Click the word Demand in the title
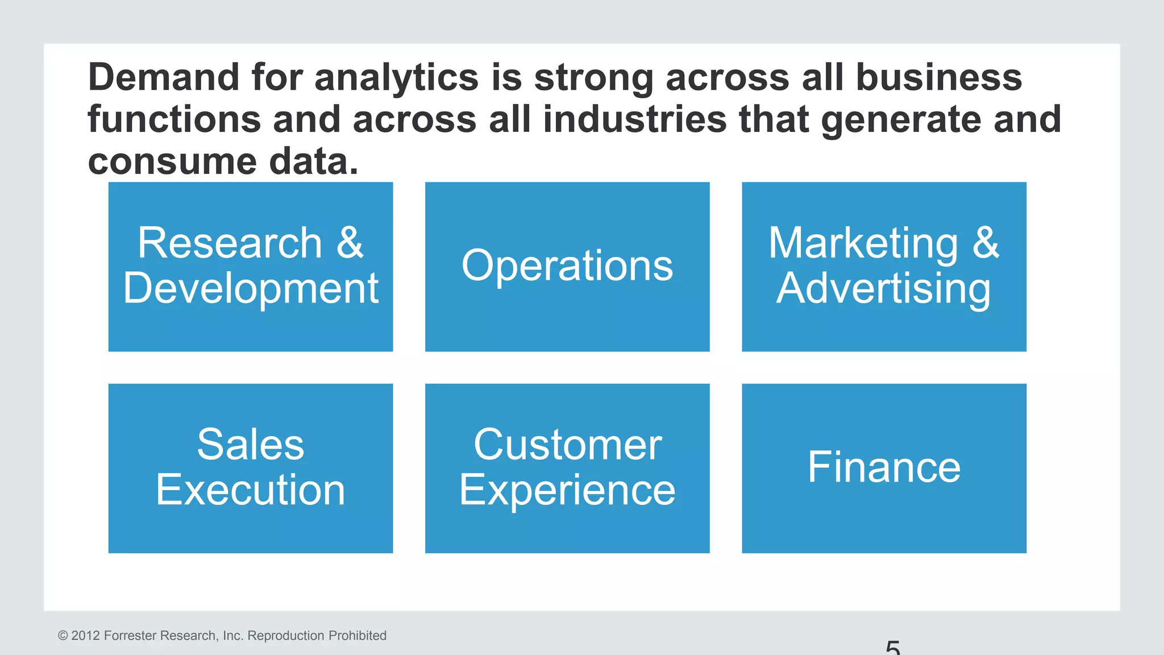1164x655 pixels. pos(164,77)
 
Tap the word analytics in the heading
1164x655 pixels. pos(396,78)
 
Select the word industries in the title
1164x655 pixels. pos(634,119)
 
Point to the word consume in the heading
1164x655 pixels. pos(172,162)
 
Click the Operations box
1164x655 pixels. pos(567,266)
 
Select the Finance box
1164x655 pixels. pos(884,467)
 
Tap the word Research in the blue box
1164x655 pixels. pos(230,243)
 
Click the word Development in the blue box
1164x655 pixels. pos(251,288)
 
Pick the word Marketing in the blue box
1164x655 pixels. pos(863,243)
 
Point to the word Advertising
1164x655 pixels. pos(884,289)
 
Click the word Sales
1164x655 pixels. pos(251,445)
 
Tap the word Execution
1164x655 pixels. pos(251,490)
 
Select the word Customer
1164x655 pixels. pos(567,445)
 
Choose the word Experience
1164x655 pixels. pos(567,490)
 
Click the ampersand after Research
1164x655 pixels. pos(350,243)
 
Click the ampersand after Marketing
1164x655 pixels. pos(986,243)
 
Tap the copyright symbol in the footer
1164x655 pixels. pos(63,636)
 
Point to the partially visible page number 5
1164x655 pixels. pos(893,648)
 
